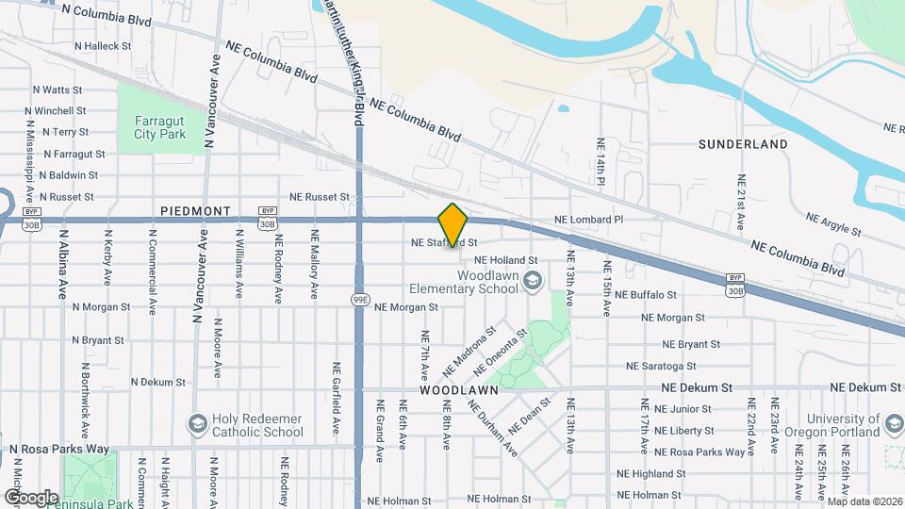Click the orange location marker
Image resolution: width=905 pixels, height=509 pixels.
453,225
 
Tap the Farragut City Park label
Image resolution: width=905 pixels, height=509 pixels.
159,127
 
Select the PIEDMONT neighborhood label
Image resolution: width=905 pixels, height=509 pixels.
195,211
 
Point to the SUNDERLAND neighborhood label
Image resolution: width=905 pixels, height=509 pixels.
743,144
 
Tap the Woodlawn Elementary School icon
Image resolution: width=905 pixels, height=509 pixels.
533,280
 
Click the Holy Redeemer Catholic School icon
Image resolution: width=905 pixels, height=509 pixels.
197,422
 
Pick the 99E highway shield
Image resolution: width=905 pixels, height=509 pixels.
359,300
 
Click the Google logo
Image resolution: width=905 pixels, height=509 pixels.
32,497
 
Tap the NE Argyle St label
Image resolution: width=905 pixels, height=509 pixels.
833,223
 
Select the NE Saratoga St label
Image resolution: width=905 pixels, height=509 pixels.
661,366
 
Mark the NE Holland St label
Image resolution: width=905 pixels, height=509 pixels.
505,260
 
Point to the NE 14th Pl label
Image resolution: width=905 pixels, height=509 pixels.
600,161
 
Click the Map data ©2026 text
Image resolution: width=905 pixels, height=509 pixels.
864,501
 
